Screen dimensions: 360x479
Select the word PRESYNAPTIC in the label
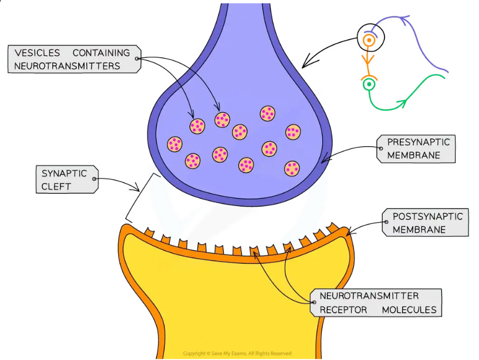pos(418,142)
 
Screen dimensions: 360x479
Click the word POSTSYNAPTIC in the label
pos(427,217)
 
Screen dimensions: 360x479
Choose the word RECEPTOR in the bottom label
pos(343,310)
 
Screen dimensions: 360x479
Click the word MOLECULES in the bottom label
pos(409,310)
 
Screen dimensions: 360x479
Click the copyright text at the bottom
pos(237,353)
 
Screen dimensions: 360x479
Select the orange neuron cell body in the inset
pos(369,40)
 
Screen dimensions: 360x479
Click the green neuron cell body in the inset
pos(369,85)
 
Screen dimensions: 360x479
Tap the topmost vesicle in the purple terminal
pos(267,113)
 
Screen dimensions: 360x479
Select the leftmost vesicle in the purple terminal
pos(175,144)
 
